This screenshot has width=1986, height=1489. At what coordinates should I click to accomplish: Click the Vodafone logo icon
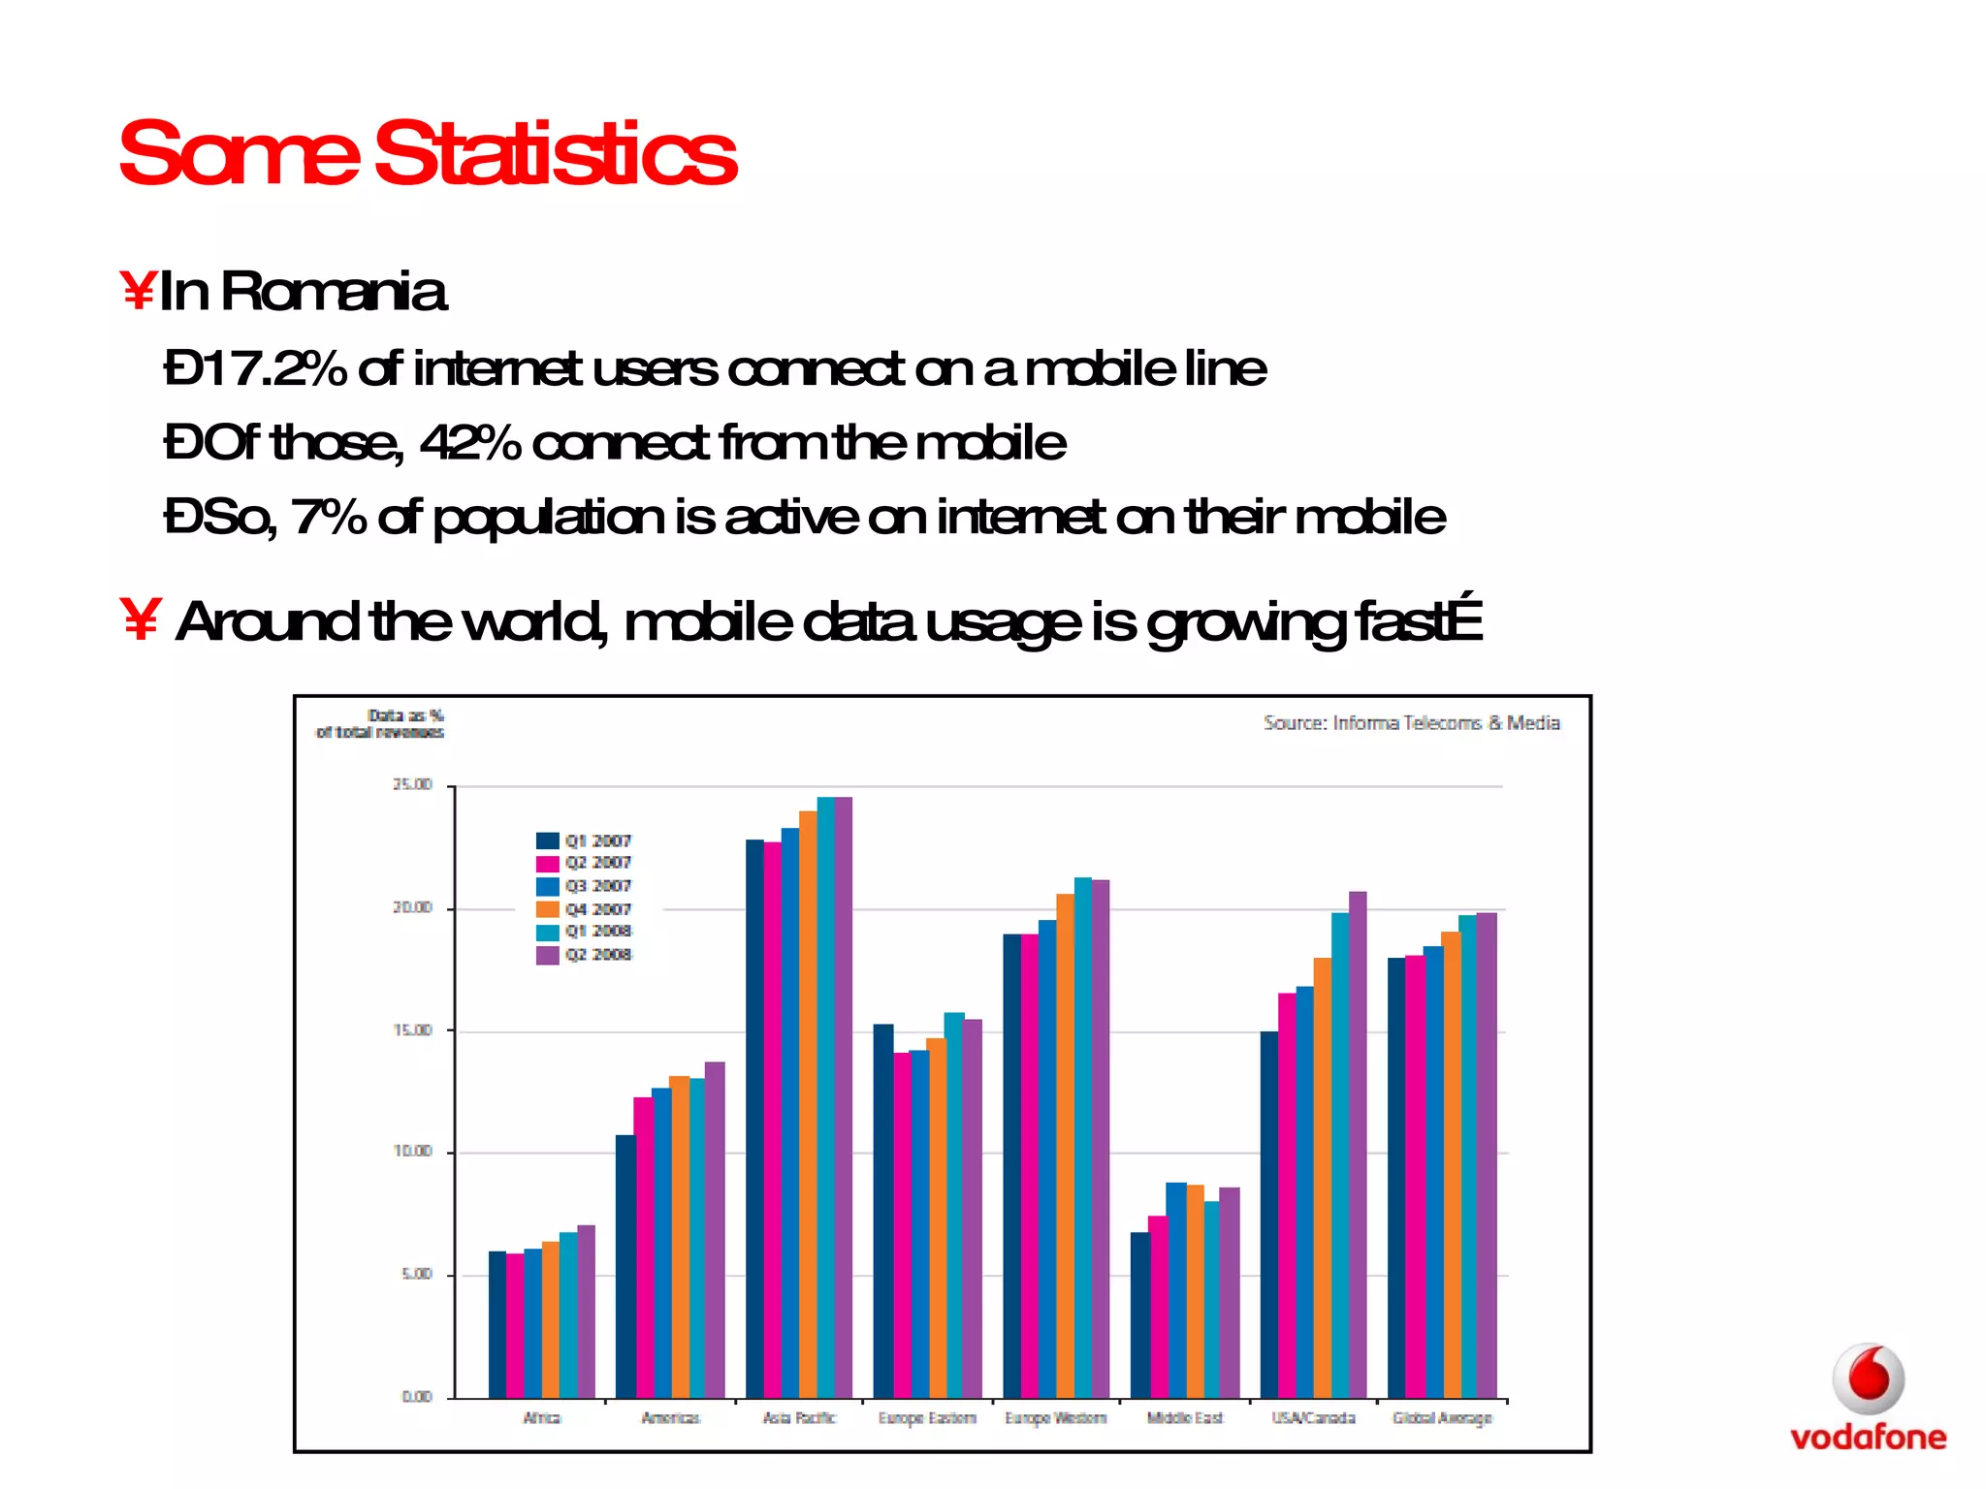[1868, 1378]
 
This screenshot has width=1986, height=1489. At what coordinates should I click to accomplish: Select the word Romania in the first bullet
[334, 291]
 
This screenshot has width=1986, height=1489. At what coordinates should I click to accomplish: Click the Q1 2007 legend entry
[584, 840]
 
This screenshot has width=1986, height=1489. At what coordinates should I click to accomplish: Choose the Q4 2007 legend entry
[584, 909]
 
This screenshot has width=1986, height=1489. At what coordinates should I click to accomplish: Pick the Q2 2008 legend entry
[584, 955]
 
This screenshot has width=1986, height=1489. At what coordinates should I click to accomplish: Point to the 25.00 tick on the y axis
[412, 784]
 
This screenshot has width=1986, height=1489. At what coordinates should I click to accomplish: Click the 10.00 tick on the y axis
[412, 1152]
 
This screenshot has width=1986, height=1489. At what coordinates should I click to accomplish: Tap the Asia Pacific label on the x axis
[799, 1418]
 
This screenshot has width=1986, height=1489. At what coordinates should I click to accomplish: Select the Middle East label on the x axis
[1185, 1418]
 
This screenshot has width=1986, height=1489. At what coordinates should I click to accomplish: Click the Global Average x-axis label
[1442, 1418]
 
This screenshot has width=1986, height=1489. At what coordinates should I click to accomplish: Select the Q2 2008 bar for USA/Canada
[1358, 1144]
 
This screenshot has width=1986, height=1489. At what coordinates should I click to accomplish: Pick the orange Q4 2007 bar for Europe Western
[1065, 1144]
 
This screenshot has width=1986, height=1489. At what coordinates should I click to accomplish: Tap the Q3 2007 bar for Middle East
[1175, 1289]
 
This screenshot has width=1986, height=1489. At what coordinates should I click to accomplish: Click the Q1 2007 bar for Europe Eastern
[882, 1212]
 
